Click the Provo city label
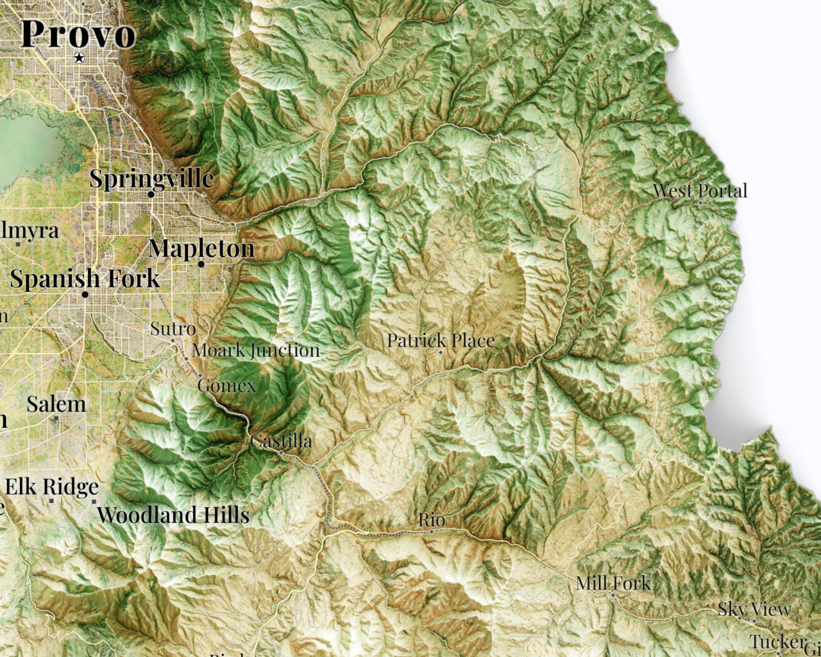(78, 34)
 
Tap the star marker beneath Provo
(79, 58)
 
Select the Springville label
(151, 178)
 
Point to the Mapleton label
(201, 248)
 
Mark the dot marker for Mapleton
(201, 264)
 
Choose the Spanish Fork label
(85, 279)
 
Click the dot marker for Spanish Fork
(85, 294)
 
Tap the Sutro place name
(173, 329)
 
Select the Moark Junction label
(256, 350)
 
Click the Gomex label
(226, 386)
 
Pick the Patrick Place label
(441, 340)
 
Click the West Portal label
(700, 191)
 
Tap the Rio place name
(432, 520)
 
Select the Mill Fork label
(613, 583)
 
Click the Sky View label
(754, 609)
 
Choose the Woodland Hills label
(173, 515)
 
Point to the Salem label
(56, 404)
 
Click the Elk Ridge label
(52, 488)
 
